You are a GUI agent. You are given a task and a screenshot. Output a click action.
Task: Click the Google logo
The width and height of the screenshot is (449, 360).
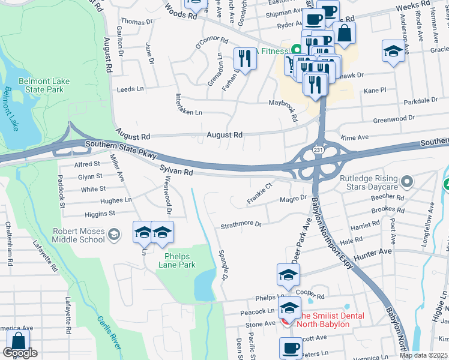20,353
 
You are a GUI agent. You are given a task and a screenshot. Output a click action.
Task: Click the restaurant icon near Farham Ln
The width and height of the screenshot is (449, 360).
244,58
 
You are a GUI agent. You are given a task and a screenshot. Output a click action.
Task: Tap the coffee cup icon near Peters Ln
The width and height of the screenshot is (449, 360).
291,347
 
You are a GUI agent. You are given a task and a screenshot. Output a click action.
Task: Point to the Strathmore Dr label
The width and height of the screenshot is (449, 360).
241,225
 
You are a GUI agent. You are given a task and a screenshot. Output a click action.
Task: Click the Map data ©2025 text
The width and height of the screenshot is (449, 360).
423,355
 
